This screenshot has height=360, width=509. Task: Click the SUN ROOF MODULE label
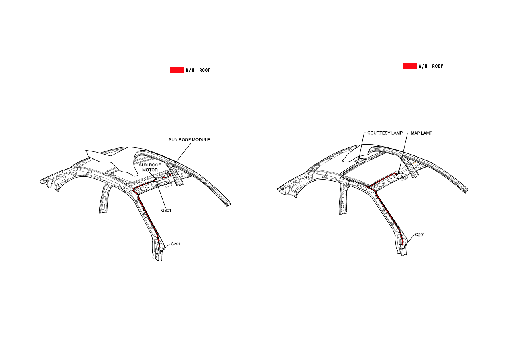coord(189,140)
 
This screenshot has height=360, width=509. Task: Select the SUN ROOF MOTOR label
coord(150,168)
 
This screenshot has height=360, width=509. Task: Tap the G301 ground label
coord(166,211)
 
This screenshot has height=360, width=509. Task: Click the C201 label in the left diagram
coord(175,244)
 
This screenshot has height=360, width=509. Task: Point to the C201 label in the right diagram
coord(420,235)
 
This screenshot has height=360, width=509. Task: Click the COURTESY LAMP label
coord(385,133)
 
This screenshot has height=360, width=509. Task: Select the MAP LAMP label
coord(421,133)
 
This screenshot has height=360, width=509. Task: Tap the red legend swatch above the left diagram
coord(177,70)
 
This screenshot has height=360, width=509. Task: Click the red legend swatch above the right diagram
coord(410,66)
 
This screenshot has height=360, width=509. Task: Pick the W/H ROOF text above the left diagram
coord(198,70)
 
